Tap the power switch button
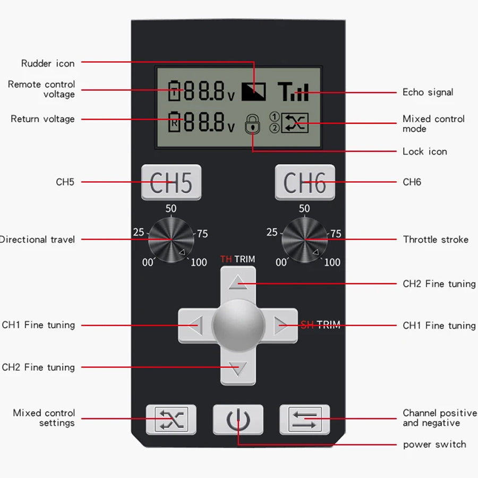[x=238, y=420]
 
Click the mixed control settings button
[x=171, y=420]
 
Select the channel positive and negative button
[x=304, y=420]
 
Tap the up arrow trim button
[x=238, y=281]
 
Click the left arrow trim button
[x=193, y=325]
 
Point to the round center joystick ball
[x=238, y=325]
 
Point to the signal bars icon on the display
[x=293, y=92]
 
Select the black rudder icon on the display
[x=253, y=92]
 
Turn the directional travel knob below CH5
[x=171, y=240]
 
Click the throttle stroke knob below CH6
[x=304, y=240]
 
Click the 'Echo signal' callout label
[x=428, y=92]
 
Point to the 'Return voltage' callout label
[x=42, y=119]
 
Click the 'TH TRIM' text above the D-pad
[x=237, y=259]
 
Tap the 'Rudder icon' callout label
[x=48, y=64]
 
